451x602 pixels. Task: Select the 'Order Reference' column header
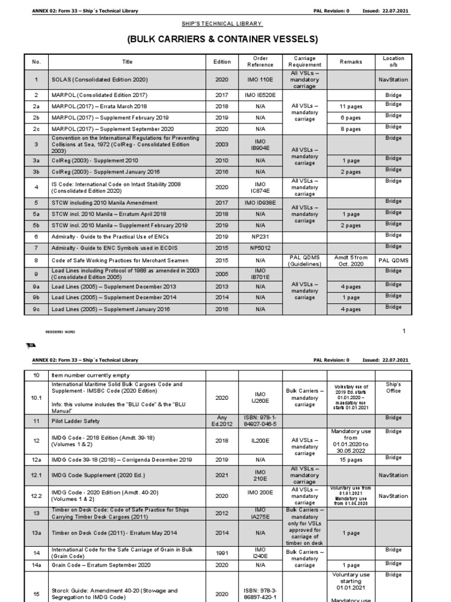tap(260, 62)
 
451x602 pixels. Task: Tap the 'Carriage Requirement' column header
tap(304, 62)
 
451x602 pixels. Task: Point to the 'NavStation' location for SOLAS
tap(393, 79)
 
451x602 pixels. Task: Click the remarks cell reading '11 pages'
tap(351, 107)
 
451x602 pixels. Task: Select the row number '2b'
tap(36, 118)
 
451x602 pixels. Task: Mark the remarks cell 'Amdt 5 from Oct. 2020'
tap(351, 260)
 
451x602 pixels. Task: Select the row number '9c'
tap(36, 309)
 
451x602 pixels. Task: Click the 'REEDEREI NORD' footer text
tap(58, 332)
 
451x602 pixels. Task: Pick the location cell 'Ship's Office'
tap(393, 388)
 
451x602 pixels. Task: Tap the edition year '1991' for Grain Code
tap(221, 552)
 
